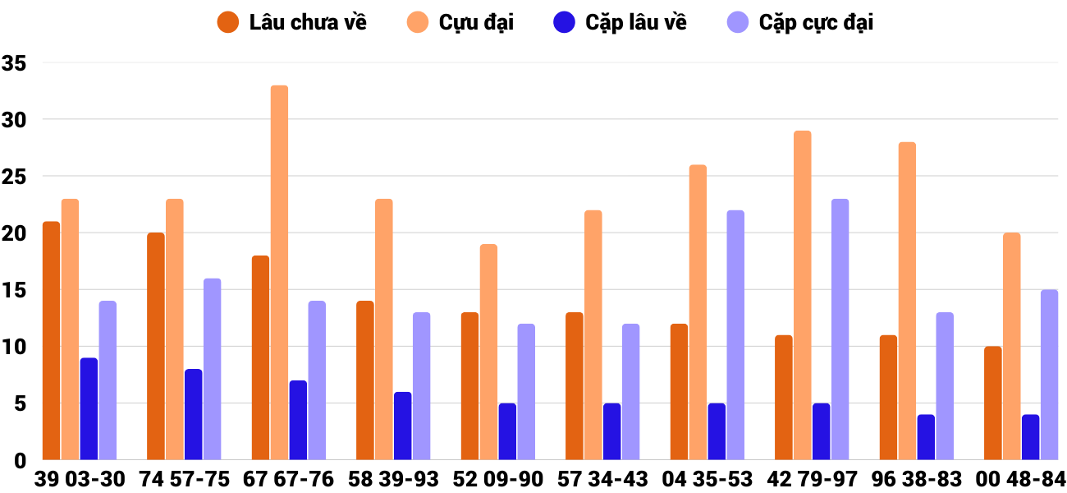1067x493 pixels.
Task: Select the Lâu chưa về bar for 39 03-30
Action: pos(51,341)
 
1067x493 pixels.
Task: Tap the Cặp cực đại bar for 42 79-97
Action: pos(840,329)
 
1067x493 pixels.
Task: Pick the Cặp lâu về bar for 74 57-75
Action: pos(193,415)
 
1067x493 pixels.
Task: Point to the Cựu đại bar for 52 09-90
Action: pos(488,352)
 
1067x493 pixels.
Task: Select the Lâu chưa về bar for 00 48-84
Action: pos(993,403)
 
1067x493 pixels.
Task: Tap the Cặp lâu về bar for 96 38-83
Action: pos(926,437)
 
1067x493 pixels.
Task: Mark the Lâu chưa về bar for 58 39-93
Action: pos(365,380)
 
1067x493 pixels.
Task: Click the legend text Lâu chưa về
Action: pos(308,23)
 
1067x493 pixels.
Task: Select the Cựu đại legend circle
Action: pos(418,23)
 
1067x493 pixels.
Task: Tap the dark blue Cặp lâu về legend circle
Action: pos(565,23)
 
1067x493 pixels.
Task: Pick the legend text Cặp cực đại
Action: pos(816,23)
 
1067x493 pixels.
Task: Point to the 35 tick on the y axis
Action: pos(15,63)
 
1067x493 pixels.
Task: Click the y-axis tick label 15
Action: pos(15,290)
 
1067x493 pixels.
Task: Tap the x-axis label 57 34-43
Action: pos(602,479)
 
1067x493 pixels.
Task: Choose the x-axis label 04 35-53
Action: pos(708,479)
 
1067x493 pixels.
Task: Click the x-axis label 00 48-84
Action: pos(1020,479)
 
